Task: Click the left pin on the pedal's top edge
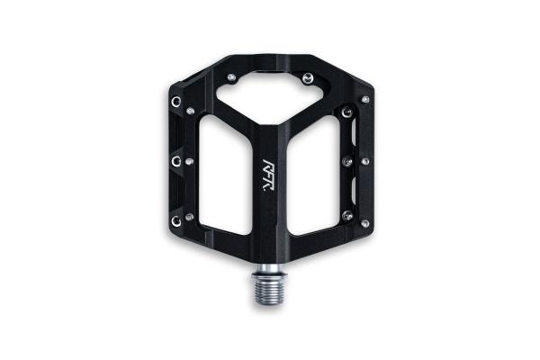tap(233, 77)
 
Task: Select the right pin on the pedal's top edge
tap(308, 77)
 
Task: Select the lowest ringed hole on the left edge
tap(175, 219)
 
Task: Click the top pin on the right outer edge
tap(364, 99)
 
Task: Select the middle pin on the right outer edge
tap(364, 161)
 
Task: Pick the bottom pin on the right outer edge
tap(364, 222)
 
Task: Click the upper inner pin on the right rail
tap(348, 112)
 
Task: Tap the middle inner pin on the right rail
tap(348, 162)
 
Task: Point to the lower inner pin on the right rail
tap(347, 214)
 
